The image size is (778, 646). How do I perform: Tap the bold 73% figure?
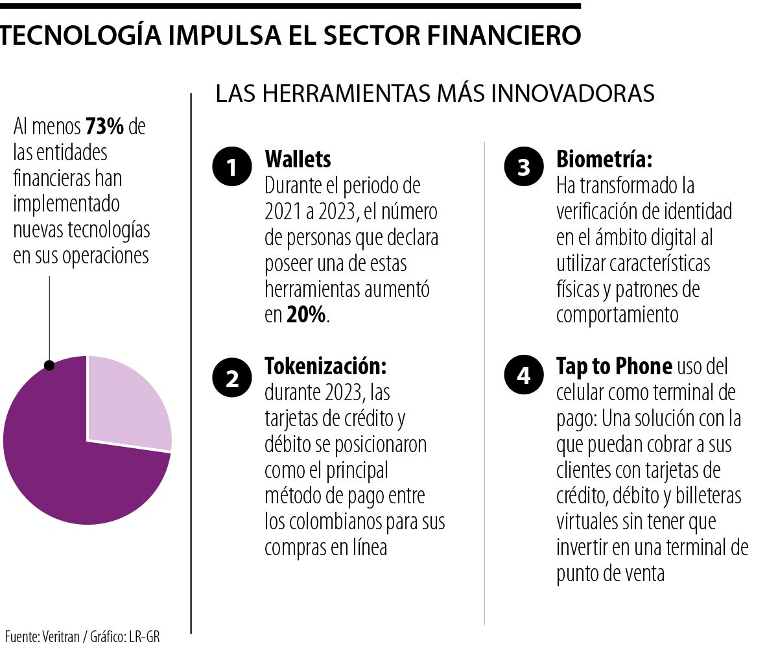105,127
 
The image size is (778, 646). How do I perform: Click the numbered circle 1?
231,168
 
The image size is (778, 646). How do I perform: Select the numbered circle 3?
523,168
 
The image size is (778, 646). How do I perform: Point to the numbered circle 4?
523,376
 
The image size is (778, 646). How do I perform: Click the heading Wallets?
298,159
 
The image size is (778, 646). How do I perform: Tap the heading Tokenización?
325,366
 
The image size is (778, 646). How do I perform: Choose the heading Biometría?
604,159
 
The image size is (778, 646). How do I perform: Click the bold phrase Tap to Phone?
614,366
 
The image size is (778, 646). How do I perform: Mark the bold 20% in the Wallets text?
307,316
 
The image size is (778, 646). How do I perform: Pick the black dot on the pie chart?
49,366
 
